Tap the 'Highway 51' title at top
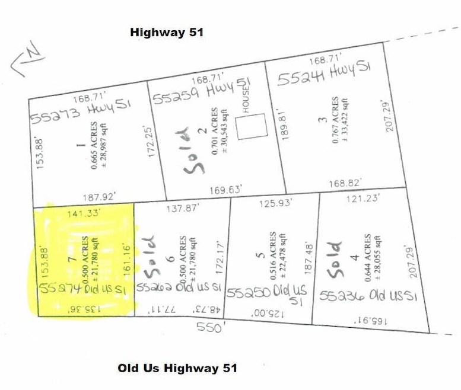click(x=167, y=33)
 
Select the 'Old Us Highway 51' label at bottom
click(x=177, y=368)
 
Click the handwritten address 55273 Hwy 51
click(x=81, y=110)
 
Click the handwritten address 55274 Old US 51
click(x=83, y=288)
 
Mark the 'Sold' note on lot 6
click(x=148, y=258)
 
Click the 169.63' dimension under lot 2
click(x=226, y=190)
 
